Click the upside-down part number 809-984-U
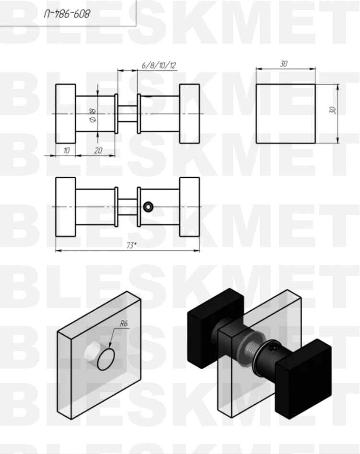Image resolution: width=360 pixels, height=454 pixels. (x=67, y=13)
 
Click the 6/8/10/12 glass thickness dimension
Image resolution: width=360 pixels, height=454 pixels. (x=159, y=65)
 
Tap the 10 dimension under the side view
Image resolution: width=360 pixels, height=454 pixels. (x=66, y=150)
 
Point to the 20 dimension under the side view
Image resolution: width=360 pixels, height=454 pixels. (x=98, y=150)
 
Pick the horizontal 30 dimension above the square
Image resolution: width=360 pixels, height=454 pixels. (x=284, y=64)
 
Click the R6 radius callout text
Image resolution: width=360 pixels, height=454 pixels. (x=124, y=323)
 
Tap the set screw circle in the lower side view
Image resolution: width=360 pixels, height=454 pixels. (x=148, y=207)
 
